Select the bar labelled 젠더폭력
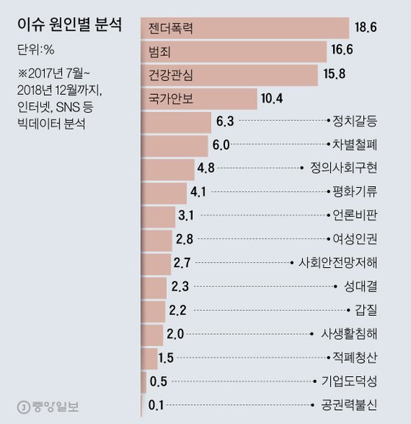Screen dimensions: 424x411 pyautogui.click(x=244, y=27)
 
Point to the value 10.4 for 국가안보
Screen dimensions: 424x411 pyautogui.click(x=274, y=98)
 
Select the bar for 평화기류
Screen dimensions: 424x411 pyautogui.click(x=163, y=192)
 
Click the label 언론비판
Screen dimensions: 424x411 pyautogui.click(x=354, y=216)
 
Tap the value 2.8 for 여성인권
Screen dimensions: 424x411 pyautogui.click(x=185, y=239)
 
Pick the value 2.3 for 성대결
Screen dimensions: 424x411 pyautogui.click(x=180, y=286)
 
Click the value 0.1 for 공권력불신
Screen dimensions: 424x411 pyautogui.click(x=156, y=405)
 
